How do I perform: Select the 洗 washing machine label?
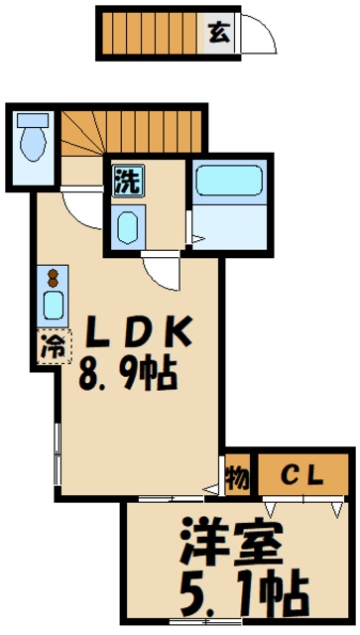tap(126, 181)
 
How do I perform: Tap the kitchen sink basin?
tap(52, 305)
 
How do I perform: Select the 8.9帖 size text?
tap(128, 374)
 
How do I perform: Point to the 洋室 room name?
tap(231, 544)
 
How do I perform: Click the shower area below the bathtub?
tap(230, 228)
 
